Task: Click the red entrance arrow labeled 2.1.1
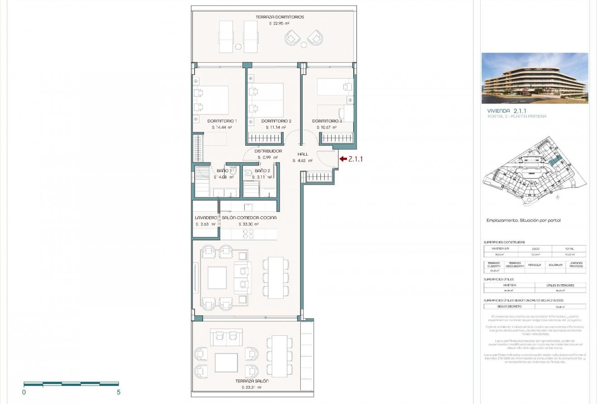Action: pos(343,159)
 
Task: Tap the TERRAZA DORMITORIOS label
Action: pos(280,17)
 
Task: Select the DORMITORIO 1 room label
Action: pos(222,121)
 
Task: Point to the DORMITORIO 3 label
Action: pos(327,121)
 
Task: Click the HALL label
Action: pos(303,154)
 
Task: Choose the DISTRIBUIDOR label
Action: pos(268,151)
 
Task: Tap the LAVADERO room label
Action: pos(206,218)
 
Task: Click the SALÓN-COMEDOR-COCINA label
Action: pos(249,218)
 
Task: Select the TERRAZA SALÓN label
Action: pos(252,381)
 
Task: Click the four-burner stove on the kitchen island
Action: pos(248,234)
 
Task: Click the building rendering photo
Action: pos(535,78)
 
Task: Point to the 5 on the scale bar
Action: pos(118,392)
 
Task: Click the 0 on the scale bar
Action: pos(24,392)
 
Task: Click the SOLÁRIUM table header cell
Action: pos(555,265)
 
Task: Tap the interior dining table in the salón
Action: pos(275,278)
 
